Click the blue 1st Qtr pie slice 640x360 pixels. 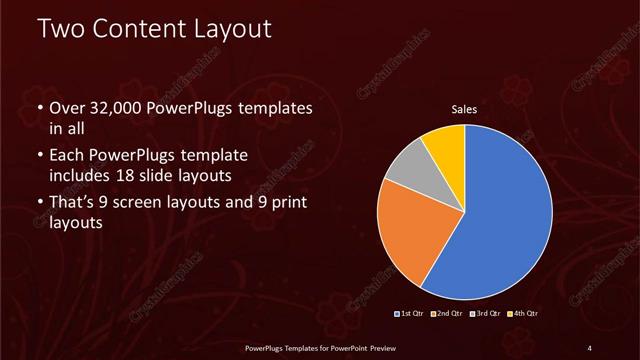click(x=500, y=215)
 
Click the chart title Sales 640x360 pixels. click(x=465, y=107)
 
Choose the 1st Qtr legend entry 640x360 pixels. click(x=410, y=314)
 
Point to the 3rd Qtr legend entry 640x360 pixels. click(x=487, y=314)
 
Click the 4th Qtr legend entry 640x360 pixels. click(x=525, y=314)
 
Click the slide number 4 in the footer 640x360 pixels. click(x=590, y=347)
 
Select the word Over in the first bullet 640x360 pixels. click(x=67, y=108)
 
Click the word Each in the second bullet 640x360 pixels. click(x=67, y=158)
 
